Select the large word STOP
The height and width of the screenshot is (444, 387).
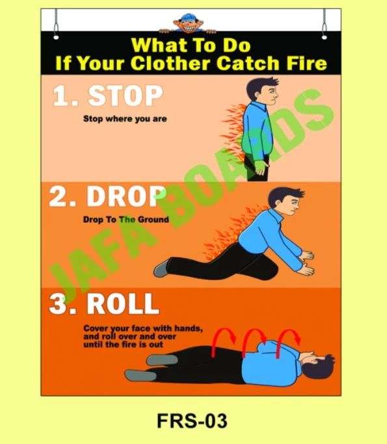126,96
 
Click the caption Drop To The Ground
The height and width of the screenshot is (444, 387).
126,220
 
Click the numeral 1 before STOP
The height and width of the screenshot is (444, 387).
62,97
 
